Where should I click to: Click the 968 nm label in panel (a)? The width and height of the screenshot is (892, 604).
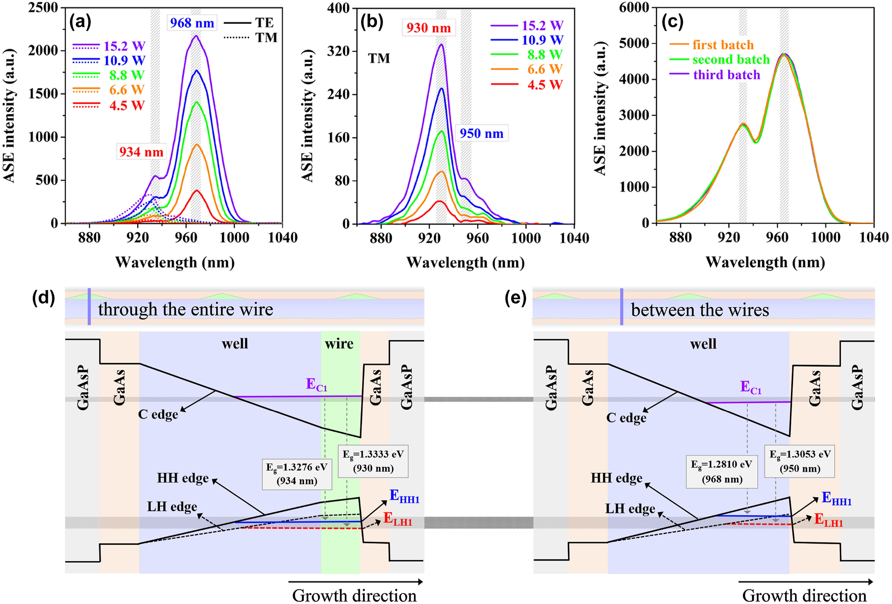[192, 23]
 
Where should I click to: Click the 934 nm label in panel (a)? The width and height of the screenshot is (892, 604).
[141, 152]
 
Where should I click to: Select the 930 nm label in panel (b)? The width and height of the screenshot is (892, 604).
[429, 28]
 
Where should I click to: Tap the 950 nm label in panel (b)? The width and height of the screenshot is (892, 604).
[481, 133]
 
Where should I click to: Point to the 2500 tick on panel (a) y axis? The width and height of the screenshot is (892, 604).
[43, 8]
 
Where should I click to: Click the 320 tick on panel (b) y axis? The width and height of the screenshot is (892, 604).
[338, 51]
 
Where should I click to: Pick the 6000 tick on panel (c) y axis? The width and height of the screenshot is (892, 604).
[634, 8]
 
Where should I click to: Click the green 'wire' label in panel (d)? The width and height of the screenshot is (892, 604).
[339, 343]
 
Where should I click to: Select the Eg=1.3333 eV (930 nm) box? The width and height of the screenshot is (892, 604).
[373, 461]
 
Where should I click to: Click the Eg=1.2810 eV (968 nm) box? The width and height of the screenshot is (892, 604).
[721, 472]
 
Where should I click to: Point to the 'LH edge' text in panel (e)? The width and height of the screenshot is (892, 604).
[630, 509]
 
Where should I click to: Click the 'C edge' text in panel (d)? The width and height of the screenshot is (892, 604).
[158, 414]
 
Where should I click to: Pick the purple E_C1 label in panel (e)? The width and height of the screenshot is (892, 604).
[751, 387]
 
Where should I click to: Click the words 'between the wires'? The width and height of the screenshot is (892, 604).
[700, 310]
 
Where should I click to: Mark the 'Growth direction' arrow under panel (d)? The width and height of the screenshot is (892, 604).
[355, 582]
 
